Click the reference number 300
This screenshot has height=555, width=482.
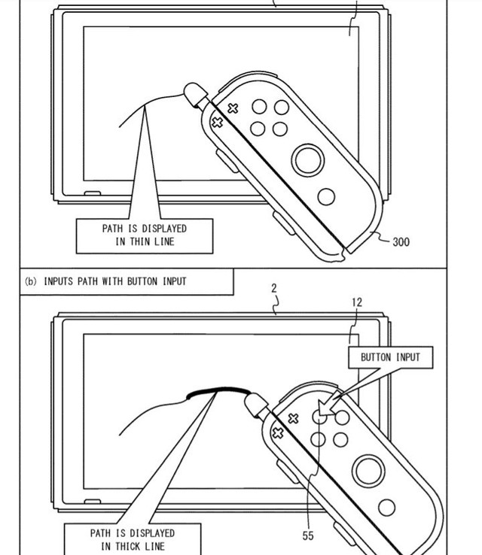(401, 242)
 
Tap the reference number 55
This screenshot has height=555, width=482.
(308, 535)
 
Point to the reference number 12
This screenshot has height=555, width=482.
(356, 302)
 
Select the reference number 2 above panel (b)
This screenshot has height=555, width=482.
(273, 288)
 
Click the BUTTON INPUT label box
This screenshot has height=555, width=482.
(390, 357)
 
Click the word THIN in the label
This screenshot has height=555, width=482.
(144, 241)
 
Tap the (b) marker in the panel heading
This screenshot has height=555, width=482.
(31, 281)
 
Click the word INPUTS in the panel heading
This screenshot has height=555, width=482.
(59, 281)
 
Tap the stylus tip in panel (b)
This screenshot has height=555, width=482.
(252, 405)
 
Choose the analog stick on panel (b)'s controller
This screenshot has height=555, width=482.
(368, 471)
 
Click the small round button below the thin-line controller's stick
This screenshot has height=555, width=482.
(326, 197)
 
